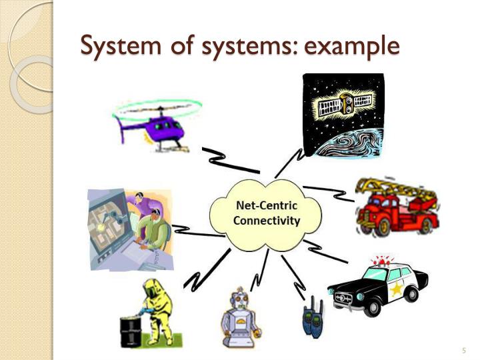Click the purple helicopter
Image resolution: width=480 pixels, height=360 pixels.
pos(155,125)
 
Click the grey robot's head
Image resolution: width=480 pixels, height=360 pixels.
pos(238,299)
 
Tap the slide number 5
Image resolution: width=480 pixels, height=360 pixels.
pos(463,351)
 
